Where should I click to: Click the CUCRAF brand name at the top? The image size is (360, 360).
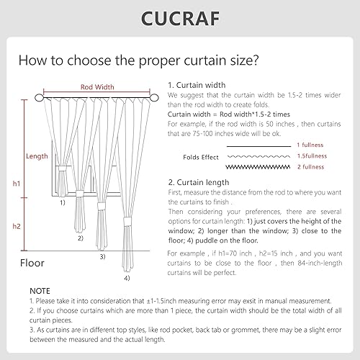[180, 17]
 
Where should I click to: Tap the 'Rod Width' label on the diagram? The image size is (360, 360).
[96, 86]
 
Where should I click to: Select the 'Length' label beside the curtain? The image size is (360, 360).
[37, 156]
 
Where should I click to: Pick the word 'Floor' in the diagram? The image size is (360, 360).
[32, 263]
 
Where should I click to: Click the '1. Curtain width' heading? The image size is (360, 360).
[197, 84]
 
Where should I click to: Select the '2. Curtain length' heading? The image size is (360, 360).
[199, 182]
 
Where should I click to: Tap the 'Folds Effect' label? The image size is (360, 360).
[201, 156]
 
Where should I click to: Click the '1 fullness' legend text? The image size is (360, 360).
[312, 145]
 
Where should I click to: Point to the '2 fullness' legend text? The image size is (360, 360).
[312, 166]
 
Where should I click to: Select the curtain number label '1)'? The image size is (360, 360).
[63, 202]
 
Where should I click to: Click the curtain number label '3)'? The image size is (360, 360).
[102, 256]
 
